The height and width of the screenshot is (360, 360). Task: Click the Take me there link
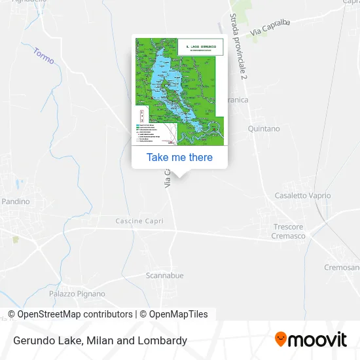pyautogui.click(x=179, y=157)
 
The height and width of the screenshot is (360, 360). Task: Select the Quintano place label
pyautogui.click(x=263, y=129)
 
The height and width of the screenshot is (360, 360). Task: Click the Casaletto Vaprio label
pyautogui.click(x=302, y=196)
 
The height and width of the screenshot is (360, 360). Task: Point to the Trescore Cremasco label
pyautogui.click(x=289, y=231)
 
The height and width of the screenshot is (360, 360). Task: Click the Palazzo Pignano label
pyautogui.click(x=77, y=294)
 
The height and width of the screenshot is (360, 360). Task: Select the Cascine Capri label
pyautogui.click(x=138, y=221)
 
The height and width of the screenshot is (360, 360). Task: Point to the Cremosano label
pyautogui.click(x=342, y=268)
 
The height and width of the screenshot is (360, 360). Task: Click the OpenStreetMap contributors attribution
pyautogui.click(x=75, y=314)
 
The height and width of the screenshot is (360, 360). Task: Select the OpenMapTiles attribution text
pyautogui.click(x=178, y=314)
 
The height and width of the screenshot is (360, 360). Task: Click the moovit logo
pyautogui.click(x=310, y=340)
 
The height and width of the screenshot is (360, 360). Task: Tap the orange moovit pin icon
pyautogui.click(x=281, y=339)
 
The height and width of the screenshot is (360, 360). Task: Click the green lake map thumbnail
pyautogui.click(x=179, y=91)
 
